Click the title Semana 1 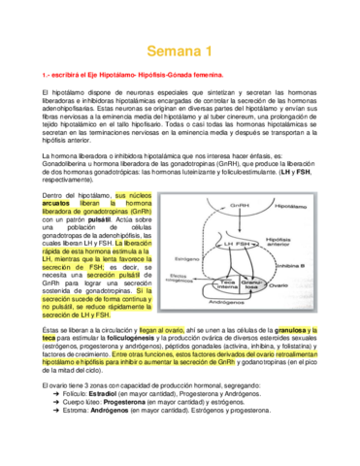(180, 50)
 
